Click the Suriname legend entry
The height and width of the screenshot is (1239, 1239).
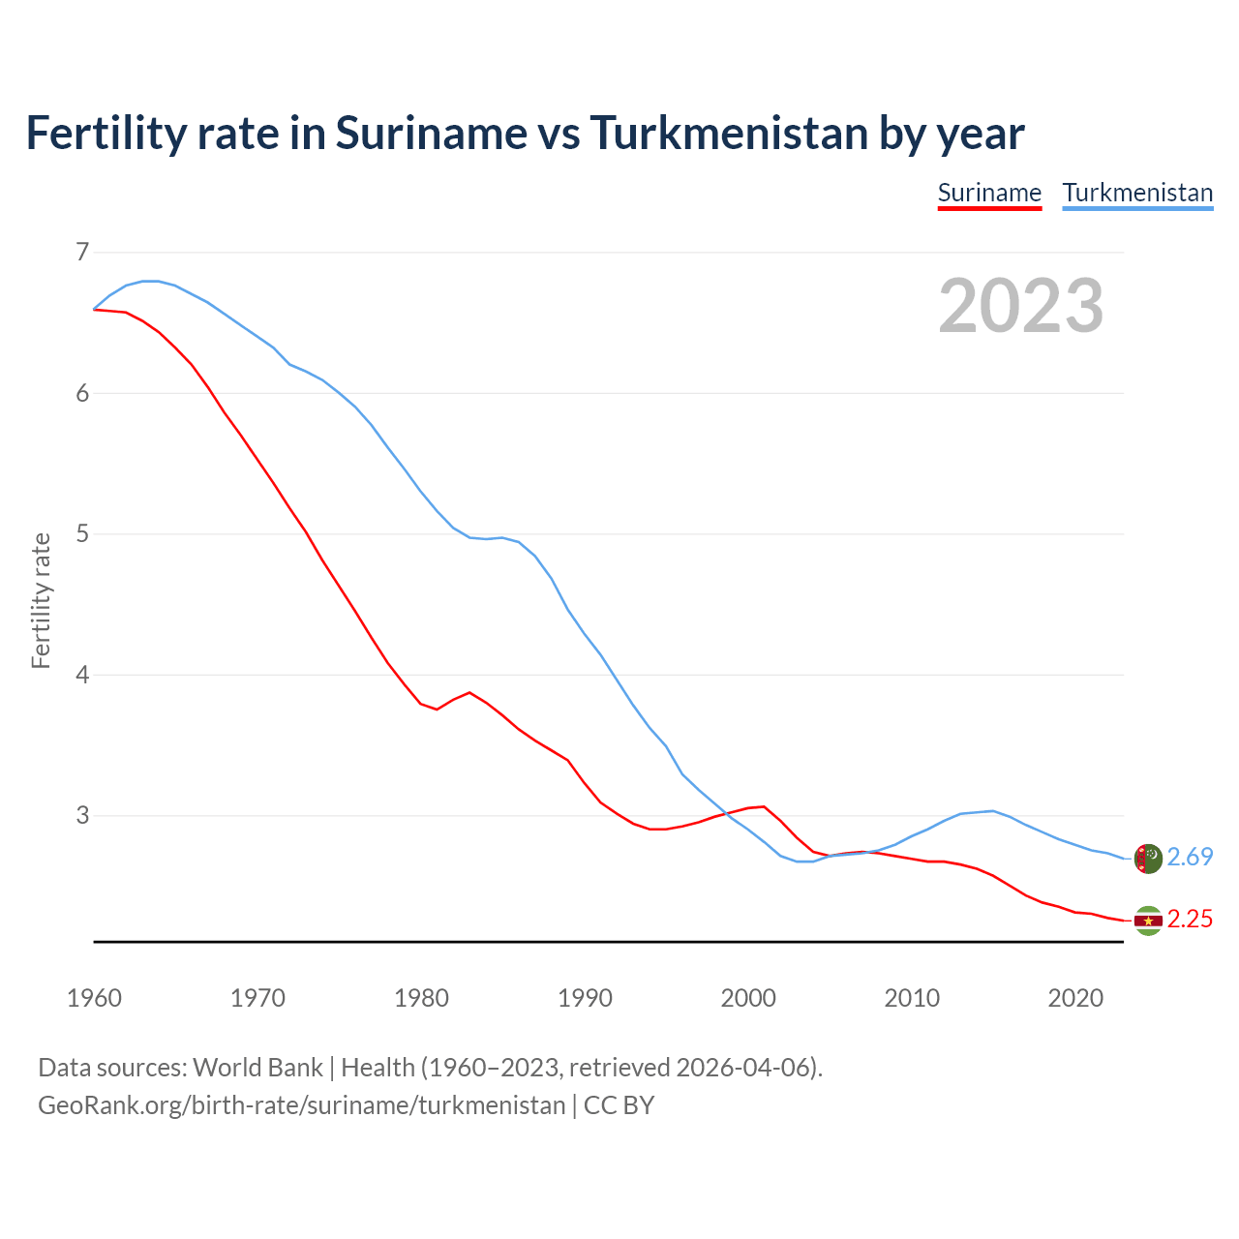pyautogui.click(x=989, y=193)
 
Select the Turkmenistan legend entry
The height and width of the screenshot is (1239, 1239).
pyautogui.click(x=1137, y=193)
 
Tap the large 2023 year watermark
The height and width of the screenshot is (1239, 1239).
pyautogui.click(x=1021, y=306)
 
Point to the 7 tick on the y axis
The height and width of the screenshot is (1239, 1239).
pyautogui.click(x=82, y=253)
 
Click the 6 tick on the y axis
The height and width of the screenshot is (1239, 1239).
pyautogui.click(x=82, y=393)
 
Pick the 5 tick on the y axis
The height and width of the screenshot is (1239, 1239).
pyautogui.click(x=82, y=534)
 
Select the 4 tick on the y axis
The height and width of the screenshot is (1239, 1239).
pyautogui.click(x=82, y=675)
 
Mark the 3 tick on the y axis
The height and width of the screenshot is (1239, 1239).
pyautogui.click(x=82, y=816)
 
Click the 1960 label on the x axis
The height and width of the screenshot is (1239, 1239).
pyautogui.click(x=94, y=998)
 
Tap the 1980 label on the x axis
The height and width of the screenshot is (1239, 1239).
pyautogui.click(x=421, y=998)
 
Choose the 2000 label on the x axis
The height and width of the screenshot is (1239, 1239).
pyautogui.click(x=748, y=998)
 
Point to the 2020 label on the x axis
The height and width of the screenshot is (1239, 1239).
pyautogui.click(x=1075, y=998)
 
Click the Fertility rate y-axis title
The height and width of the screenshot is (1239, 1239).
pyautogui.click(x=41, y=600)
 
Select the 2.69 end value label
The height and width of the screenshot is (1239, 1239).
pyautogui.click(x=1190, y=858)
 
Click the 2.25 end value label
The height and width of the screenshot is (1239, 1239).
pyautogui.click(x=1190, y=920)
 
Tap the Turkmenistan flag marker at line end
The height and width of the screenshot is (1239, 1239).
pyautogui.click(x=1148, y=859)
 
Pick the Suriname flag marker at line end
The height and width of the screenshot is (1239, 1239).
pyautogui.click(x=1148, y=921)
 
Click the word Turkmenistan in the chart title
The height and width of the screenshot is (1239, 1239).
pyautogui.click(x=729, y=134)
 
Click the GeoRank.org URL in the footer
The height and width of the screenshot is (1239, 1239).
pyautogui.click(x=301, y=1105)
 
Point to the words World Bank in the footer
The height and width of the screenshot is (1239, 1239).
pyautogui.click(x=257, y=1068)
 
